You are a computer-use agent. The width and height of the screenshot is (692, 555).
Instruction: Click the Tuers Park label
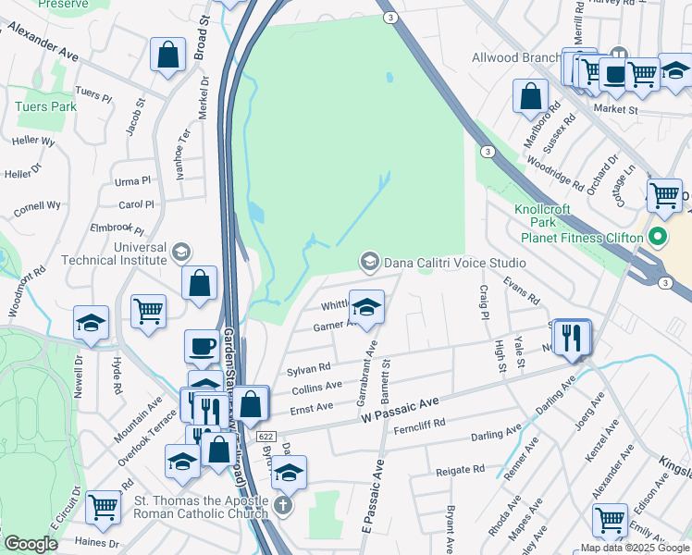click(x=45, y=106)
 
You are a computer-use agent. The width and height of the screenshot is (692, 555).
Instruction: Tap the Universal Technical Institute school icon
click(x=181, y=252)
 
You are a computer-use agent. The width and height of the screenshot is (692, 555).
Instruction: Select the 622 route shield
click(x=265, y=434)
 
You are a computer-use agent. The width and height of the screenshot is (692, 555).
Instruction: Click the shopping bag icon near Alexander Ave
click(x=167, y=54)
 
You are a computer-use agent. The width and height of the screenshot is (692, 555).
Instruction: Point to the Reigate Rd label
click(x=460, y=470)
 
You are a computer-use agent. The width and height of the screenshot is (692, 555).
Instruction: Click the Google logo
click(x=31, y=544)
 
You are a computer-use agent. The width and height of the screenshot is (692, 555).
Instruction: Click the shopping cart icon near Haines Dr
click(x=102, y=507)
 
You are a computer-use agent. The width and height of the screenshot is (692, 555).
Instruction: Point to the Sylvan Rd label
click(x=309, y=368)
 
